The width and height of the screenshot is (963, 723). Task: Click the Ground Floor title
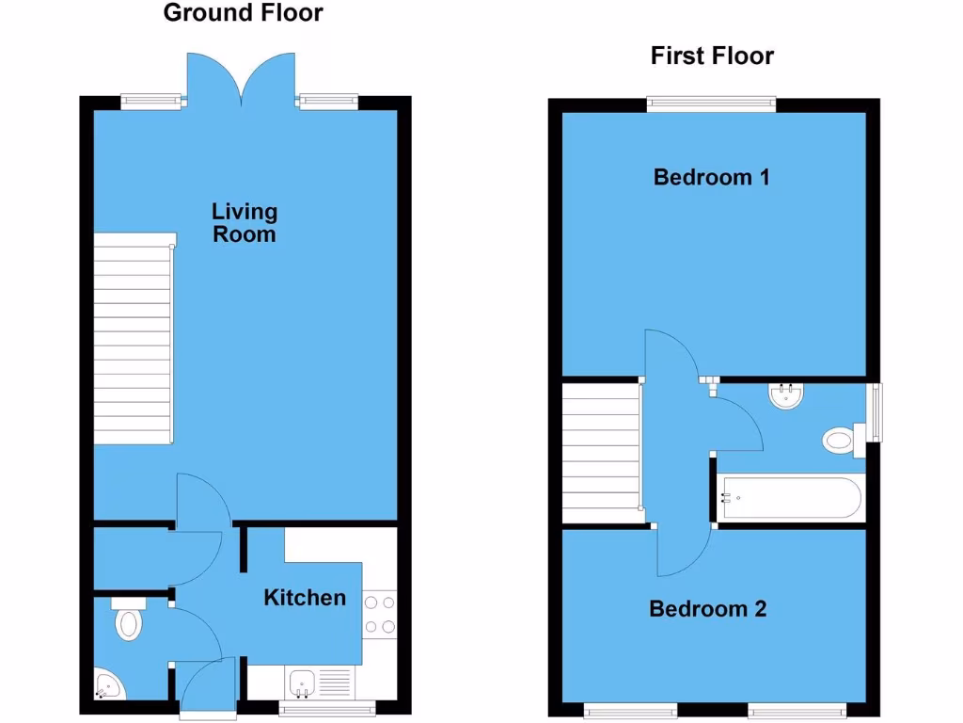pos(243,13)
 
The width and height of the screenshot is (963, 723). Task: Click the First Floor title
pos(712,56)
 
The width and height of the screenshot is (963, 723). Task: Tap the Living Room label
pos(244,223)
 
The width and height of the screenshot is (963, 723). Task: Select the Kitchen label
pos(305,597)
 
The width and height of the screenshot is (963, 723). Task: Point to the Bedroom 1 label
pos(712,176)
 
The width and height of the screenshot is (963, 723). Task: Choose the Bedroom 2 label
pos(708,608)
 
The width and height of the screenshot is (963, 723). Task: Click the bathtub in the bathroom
pos(790,497)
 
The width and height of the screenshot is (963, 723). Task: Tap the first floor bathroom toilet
pos(840,440)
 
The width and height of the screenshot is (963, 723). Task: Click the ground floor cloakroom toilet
pos(128,620)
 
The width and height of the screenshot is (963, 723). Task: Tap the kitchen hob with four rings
pos(380,614)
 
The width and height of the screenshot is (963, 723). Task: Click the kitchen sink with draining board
pos(318,683)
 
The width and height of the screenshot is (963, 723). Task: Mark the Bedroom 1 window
pos(711,104)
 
